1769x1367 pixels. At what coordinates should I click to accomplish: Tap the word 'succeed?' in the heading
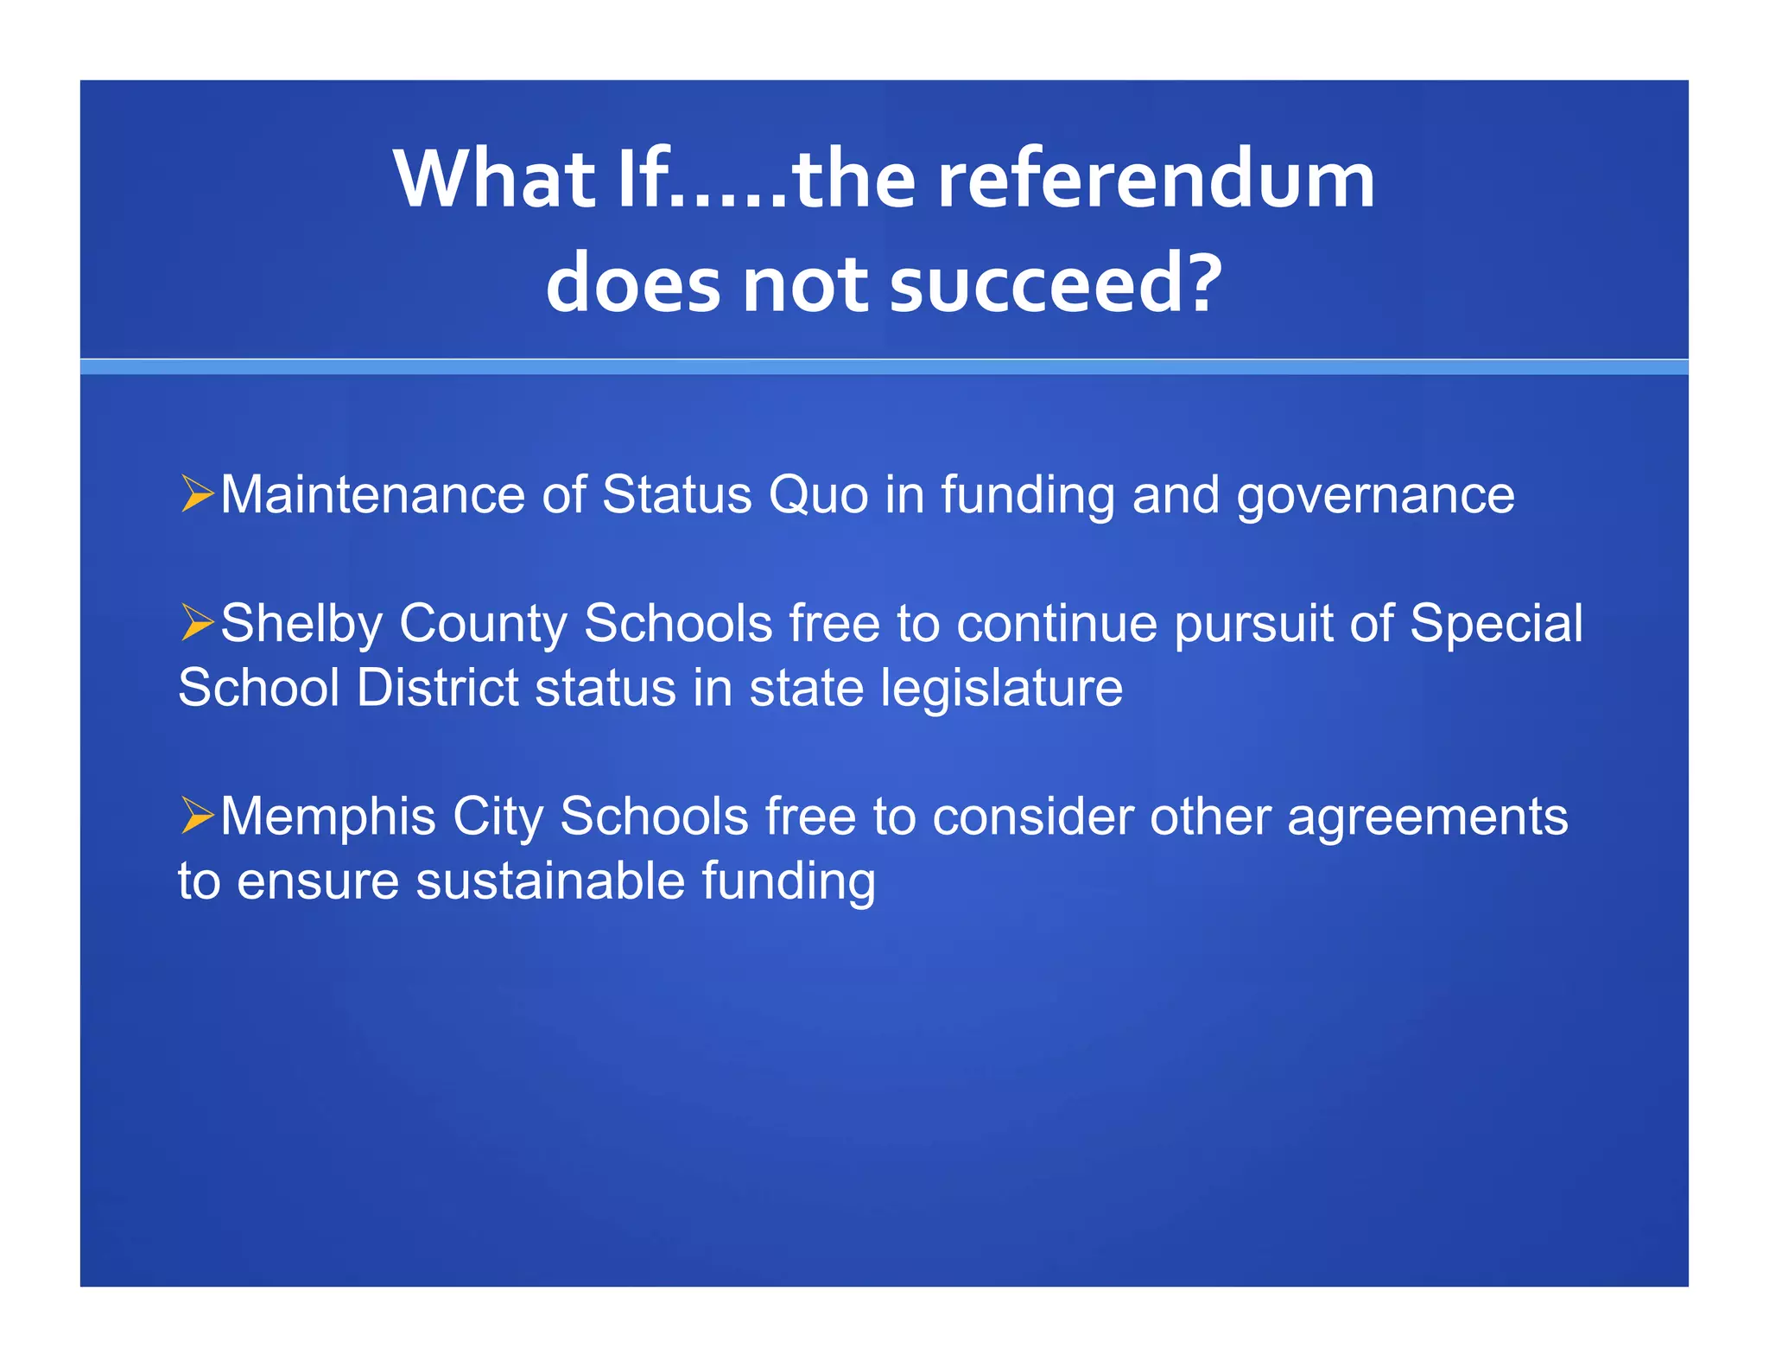1056,284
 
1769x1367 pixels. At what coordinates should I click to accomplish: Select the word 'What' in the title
494,180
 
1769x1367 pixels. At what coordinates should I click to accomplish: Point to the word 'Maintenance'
372,495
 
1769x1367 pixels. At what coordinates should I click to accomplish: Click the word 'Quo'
818,496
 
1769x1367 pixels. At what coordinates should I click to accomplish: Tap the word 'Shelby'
301,624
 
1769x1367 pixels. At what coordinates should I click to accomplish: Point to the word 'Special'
1496,624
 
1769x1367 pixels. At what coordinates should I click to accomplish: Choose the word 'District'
437,689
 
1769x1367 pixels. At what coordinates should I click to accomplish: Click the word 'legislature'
1001,689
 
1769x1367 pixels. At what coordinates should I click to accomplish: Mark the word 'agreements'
1427,817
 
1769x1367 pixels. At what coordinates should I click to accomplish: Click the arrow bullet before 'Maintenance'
197,494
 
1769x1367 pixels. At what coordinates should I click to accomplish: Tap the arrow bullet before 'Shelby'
197,623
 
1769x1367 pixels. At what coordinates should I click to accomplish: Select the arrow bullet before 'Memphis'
197,816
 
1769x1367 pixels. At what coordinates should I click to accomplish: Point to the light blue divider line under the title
884,367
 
